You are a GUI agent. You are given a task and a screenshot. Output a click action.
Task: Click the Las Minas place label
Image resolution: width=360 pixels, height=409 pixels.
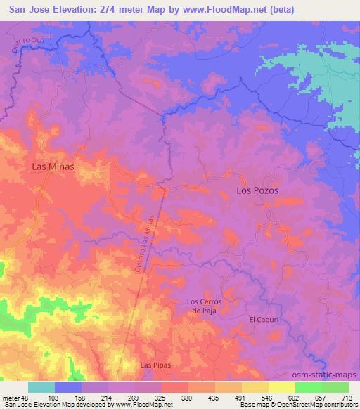[53, 167]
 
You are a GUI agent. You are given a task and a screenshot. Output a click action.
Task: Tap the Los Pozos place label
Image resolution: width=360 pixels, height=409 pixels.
[257, 190]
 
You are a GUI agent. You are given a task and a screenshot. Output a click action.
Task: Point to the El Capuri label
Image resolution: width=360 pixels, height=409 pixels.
[264, 319]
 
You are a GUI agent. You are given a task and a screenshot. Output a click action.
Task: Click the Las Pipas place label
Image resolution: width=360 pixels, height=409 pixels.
[155, 365]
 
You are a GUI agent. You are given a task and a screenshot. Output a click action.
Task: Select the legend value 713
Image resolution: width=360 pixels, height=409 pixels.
[347, 398]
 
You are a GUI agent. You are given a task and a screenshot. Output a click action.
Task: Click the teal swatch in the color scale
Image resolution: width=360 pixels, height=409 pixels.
[41, 387]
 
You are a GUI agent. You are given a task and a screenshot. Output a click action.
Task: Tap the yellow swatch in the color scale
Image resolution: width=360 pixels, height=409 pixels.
[281, 387]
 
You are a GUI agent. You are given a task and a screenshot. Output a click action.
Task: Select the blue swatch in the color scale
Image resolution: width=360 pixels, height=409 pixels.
[68, 387]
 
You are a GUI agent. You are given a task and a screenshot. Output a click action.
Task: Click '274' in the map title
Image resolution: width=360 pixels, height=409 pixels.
[114, 10]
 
